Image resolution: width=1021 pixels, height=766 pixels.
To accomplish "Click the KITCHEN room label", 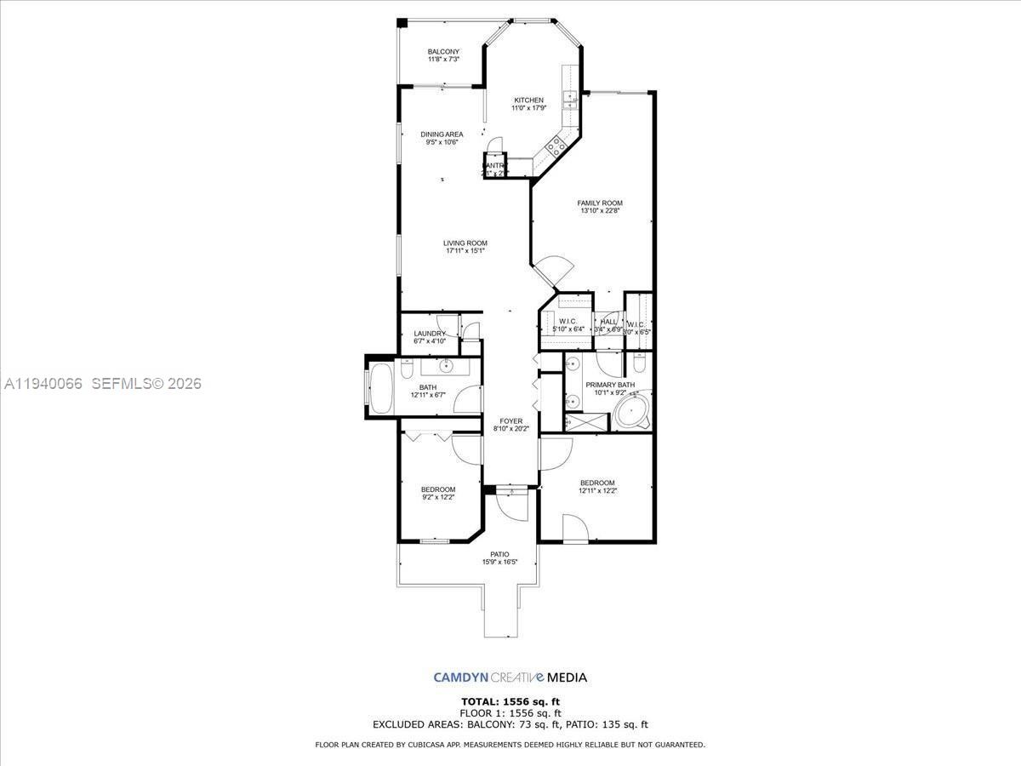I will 528,100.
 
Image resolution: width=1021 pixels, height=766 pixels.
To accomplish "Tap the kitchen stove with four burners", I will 556,146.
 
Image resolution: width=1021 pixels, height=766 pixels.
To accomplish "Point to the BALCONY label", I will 443,52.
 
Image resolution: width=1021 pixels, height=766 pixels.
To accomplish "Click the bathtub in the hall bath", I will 379,389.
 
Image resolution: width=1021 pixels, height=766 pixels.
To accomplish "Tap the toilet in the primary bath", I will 639,364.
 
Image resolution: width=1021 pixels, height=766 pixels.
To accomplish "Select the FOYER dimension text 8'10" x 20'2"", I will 511,429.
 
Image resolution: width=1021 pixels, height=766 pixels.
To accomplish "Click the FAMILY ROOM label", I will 600,203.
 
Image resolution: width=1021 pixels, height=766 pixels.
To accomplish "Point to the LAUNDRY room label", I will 430,334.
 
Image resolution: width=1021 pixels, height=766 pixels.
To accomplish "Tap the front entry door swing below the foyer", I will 513,506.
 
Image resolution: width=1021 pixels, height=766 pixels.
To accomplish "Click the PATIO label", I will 499,554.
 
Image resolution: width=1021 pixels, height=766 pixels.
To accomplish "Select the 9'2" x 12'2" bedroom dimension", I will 438,497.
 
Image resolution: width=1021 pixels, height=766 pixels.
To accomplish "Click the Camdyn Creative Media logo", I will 510,677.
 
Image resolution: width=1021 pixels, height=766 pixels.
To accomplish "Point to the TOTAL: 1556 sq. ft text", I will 510,701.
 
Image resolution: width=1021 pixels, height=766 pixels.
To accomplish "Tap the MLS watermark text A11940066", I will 43,384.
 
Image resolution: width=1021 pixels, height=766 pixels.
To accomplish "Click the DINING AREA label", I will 442,134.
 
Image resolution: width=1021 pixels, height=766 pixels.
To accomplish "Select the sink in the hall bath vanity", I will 445,367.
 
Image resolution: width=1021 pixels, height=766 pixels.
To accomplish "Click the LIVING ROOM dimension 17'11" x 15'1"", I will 465,250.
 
